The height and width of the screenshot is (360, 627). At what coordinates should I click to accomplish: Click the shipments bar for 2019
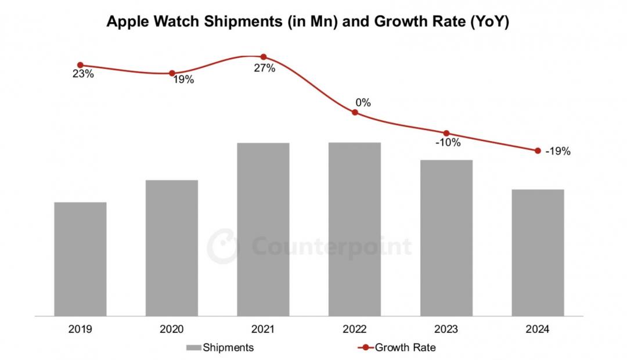tap(80, 259)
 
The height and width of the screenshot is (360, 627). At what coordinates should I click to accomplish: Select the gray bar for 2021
tap(263, 229)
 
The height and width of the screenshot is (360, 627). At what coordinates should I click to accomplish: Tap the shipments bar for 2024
tap(538, 253)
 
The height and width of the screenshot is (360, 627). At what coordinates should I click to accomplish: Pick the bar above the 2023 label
tap(446, 238)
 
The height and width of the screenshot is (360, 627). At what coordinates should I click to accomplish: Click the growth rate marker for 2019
tap(80, 65)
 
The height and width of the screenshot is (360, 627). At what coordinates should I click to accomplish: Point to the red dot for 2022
tap(355, 113)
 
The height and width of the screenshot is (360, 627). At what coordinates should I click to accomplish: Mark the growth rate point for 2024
tap(538, 151)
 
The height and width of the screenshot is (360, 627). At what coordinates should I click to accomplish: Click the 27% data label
tap(264, 69)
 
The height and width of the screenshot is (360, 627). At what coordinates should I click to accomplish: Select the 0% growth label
tap(363, 103)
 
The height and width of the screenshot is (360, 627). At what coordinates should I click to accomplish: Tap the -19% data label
tap(558, 152)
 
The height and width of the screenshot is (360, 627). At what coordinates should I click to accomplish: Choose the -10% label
tap(448, 142)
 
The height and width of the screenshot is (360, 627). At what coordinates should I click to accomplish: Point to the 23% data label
tap(83, 74)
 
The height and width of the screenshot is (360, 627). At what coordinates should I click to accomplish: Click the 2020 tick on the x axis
tap(172, 329)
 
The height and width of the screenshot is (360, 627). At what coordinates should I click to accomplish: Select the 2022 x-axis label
tap(355, 329)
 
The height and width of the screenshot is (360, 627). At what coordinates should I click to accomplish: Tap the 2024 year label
tap(538, 329)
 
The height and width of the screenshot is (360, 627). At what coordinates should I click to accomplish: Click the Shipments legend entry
tap(220, 348)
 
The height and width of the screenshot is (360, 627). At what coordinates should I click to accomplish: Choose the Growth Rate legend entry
tap(398, 348)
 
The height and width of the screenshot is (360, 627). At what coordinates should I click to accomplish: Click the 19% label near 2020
tap(183, 80)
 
